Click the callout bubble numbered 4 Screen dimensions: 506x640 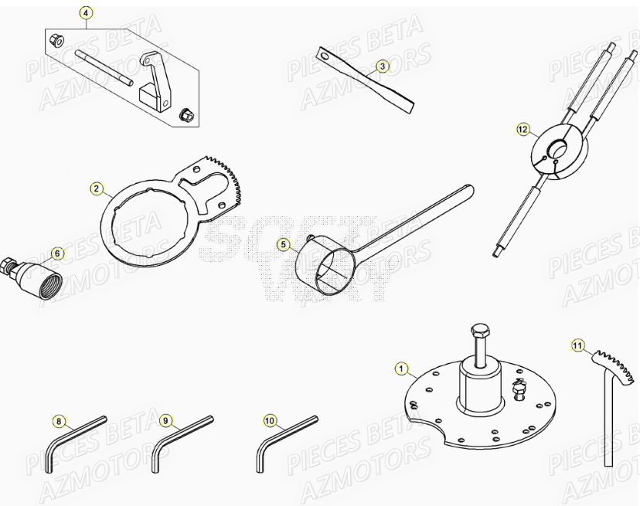(86, 13)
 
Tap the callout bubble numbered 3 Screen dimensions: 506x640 (382, 66)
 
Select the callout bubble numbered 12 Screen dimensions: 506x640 (524, 130)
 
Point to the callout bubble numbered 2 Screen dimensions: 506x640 (97, 188)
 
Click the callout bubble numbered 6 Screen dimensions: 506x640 (56, 253)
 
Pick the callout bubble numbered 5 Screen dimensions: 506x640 (283, 245)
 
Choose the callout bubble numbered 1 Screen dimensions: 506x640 (400, 369)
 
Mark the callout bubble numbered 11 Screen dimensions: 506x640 (577, 345)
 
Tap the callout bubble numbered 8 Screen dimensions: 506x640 (59, 421)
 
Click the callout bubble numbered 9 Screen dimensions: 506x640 (165, 421)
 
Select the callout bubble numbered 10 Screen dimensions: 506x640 (269, 421)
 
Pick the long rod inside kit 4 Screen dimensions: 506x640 (104, 67)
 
